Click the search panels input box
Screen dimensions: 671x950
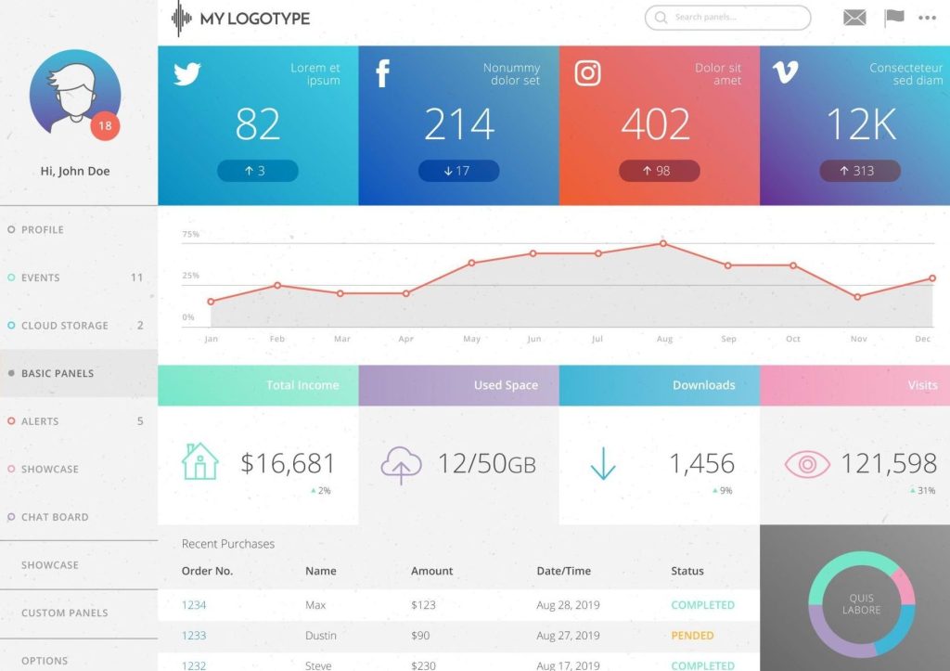pos(727,18)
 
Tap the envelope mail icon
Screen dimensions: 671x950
pos(854,18)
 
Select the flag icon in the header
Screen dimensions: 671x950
pos(893,18)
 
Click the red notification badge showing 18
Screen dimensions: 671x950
pos(105,126)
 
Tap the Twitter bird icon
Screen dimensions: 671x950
pos(187,74)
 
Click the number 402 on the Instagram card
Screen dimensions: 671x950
pos(656,124)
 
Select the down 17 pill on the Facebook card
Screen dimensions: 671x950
pos(458,171)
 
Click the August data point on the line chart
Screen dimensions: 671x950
pos(663,243)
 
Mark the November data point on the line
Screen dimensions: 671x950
pos(857,297)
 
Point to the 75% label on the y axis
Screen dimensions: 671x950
pos(190,235)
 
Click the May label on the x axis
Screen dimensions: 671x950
pos(471,340)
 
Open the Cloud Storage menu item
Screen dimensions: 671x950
pos(64,326)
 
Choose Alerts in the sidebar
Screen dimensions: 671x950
pos(40,421)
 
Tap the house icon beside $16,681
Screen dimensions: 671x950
pos(199,461)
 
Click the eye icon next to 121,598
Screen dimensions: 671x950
pos(806,464)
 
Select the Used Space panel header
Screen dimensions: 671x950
pos(506,385)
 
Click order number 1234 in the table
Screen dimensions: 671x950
pos(194,605)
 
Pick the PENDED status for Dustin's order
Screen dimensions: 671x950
pos(692,636)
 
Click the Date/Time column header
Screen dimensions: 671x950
pos(563,571)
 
